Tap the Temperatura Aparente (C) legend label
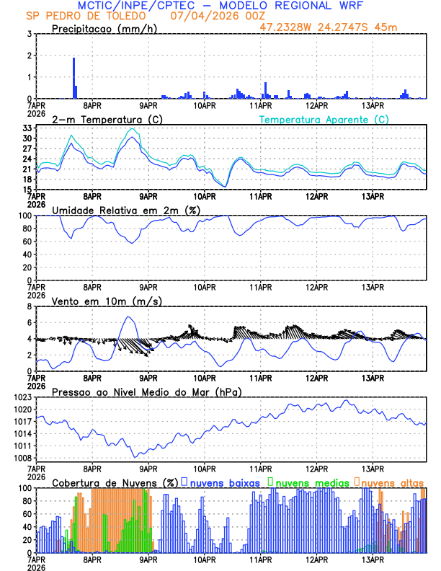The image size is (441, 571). (324, 119)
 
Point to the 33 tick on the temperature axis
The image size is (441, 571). (27, 128)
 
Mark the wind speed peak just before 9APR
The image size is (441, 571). (129, 317)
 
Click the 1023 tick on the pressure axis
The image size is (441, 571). (22, 397)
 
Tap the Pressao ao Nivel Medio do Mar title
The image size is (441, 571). (146, 391)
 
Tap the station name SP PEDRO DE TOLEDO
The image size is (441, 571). (76, 16)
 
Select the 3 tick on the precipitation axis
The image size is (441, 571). (29, 34)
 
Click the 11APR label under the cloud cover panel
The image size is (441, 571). (260, 559)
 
